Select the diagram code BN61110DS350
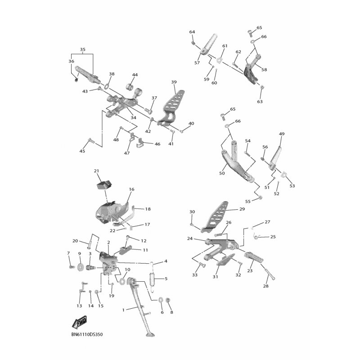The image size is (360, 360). pyautogui.click(x=87, y=334)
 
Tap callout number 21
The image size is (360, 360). pyautogui.click(x=96, y=171)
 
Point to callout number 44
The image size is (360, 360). pyautogui.click(x=135, y=75)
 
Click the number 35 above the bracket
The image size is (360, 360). pyautogui.click(x=83, y=49)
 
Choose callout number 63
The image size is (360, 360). pyautogui.click(x=260, y=101)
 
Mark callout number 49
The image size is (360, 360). pyautogui.click(x=282, y=134)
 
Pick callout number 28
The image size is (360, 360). pyautogui.click(x=265, y=286)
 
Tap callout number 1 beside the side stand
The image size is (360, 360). pyautogui.click(x=123, y=310)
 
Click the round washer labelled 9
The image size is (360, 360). pyautogui.click(x=81, y=267)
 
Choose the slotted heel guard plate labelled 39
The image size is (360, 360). pyautogui.click(x=171, y=108)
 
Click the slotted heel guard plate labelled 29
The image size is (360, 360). pyautogui.click(x=215, y=217)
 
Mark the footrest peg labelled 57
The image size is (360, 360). pyautogui.click(x=209, y=44)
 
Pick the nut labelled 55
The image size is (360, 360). pyautogui.click(x=260, y=197)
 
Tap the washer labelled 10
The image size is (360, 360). pyautogui.click(x=122, y=281)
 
